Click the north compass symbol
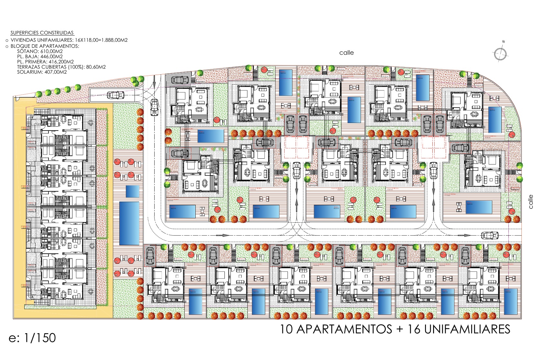(500, 53)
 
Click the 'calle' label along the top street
(346, 53)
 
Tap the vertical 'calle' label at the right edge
(530, 201)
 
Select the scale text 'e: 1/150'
(32, 338)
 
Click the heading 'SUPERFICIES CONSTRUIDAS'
(42, 33)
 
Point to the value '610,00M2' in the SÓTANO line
(51, 51)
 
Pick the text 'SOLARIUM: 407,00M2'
(42, 72)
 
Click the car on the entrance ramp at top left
(115, 95)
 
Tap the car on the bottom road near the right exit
(489, 236)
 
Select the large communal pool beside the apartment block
(129, 223)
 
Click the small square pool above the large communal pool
(132, 191)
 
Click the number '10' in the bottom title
(286, 329)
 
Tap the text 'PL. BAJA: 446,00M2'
(40, 56)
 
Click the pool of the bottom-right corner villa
(510, 302)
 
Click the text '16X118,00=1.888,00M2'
(101, 40)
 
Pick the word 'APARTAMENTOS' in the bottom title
(344, 329)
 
